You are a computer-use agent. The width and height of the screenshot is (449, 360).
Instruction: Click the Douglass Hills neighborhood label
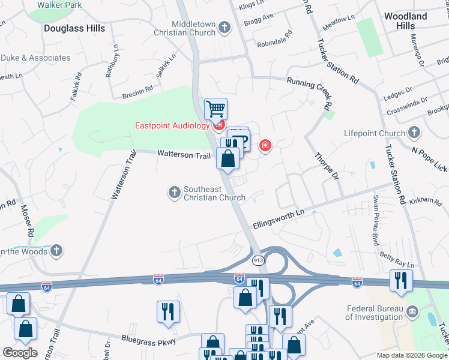pos(74,28)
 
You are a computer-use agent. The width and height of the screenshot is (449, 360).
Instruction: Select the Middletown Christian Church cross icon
pos(224,28)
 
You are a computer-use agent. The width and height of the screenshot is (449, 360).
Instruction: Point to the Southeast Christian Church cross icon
pos(174,192)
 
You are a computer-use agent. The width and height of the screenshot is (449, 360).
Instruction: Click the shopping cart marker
pos(215,109)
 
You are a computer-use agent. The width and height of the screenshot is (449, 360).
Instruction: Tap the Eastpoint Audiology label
pos(172,125)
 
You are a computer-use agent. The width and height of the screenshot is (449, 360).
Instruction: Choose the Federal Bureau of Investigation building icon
pos(412,311)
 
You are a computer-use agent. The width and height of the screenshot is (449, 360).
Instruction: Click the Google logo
pos(19,352)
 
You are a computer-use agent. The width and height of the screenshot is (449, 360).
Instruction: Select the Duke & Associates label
pos(35,58)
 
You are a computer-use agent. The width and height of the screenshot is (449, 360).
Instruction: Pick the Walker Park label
pos(59,4)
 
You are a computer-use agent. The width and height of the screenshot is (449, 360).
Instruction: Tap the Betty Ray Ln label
pos(396,260)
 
